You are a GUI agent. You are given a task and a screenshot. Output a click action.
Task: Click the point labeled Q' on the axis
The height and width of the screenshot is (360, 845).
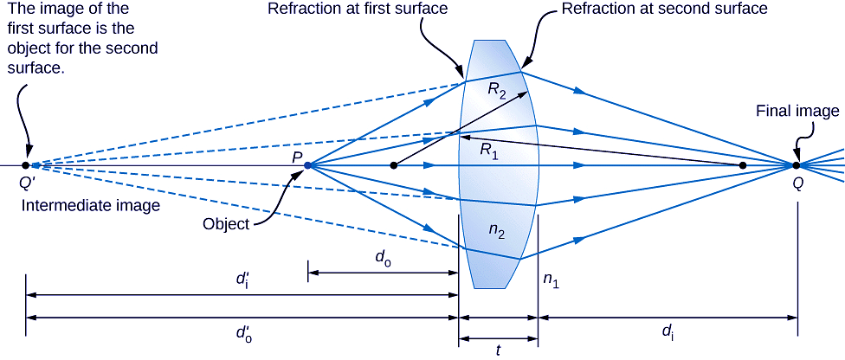[x=26, y=164]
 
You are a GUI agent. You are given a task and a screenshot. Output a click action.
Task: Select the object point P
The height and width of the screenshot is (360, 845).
[x=308, y=164]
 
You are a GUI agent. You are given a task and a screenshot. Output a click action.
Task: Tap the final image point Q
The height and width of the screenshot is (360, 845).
[x=797, y=164]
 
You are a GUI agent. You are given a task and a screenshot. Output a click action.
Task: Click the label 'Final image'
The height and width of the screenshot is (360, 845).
[x=797, y=111]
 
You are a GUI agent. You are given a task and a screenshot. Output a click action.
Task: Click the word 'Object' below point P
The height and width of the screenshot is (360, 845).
[x=225, y=223]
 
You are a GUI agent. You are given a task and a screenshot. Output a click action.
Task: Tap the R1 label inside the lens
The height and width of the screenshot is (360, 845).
[x=491, y=148]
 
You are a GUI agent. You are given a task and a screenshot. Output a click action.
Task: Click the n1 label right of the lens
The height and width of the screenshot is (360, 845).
[x=552, y=279]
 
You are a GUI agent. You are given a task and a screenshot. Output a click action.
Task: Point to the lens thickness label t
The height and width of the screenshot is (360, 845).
[x=498, y=349]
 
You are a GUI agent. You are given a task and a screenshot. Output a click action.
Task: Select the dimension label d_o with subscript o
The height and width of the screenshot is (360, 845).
[x=381, y=258]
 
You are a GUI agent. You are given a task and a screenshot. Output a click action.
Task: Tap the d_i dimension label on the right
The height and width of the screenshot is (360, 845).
[x=668, y=331]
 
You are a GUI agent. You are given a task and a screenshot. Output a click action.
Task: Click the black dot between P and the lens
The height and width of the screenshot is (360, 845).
[x=394, y=164]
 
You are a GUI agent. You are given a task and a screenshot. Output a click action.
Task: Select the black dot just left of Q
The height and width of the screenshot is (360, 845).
[x=742, y=164]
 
